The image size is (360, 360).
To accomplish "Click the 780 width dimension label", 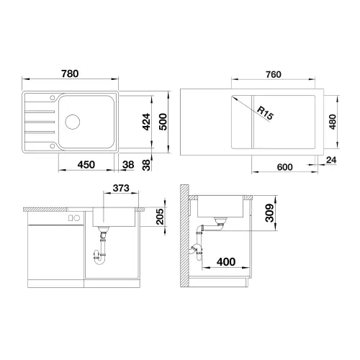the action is click(70, 73).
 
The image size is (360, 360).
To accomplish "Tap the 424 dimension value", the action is click(146, 122).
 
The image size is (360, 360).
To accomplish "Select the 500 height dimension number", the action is click(163, 122).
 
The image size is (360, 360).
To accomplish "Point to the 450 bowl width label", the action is click(86, 165).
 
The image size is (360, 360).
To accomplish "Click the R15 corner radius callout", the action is click(265, 113).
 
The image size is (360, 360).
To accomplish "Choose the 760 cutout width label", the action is click(274, 75).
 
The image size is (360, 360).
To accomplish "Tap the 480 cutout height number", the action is click(333, 122).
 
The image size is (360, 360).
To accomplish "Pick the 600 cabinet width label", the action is click(284, 167).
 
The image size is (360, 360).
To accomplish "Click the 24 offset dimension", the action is click(331, 160).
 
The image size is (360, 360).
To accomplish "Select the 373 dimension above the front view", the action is click(121, 188).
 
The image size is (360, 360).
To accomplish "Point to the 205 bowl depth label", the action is click(160, 217).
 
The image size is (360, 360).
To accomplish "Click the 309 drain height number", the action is click(269, 213).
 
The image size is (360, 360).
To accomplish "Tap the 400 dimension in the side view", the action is click(226, 262).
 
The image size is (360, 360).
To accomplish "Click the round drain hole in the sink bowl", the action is click(73, 122).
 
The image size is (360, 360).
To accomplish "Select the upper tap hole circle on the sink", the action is click(53, 97).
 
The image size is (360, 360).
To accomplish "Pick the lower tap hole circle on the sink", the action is click(53, 145).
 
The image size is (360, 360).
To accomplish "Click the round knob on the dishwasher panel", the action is click(77, 218).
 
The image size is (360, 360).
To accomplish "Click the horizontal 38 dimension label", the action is click(128, 165).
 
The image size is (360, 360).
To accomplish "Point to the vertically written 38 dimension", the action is click(146, 165).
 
